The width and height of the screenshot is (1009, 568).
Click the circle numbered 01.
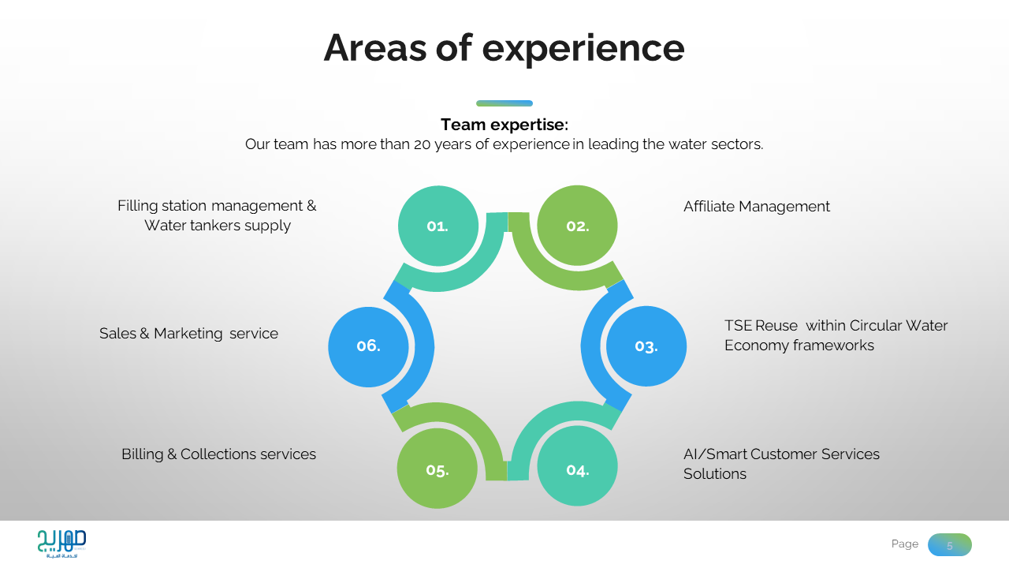[x=437, y=226]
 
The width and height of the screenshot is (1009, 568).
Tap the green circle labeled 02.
[x=577, y=226]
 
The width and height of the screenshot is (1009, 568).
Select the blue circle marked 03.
[x=646, y=346]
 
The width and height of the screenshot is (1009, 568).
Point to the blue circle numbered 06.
[x=368, y=346]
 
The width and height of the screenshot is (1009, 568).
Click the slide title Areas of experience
[x=504, y=47]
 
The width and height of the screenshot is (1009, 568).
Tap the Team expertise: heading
[x=504, y=125]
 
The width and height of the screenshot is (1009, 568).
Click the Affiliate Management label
[x=756, y=207]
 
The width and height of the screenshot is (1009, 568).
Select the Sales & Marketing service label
[x=188, y=334]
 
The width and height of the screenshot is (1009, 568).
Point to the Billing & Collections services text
[x=218, y=454]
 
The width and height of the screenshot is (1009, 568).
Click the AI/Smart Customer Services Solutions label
[x=780, y=464]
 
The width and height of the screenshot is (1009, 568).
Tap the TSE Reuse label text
[x=836, y=335]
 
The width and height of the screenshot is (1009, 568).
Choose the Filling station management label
[x=217, y=215]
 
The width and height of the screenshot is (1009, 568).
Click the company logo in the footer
[x=61, y=544]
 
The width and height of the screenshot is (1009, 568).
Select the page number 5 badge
[x=949, y=545]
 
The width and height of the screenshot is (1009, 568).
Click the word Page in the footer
[x=904, y=544]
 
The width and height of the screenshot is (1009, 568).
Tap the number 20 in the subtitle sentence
[x=422, y=145]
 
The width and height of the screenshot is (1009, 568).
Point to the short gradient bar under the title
[x=504, y=103]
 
